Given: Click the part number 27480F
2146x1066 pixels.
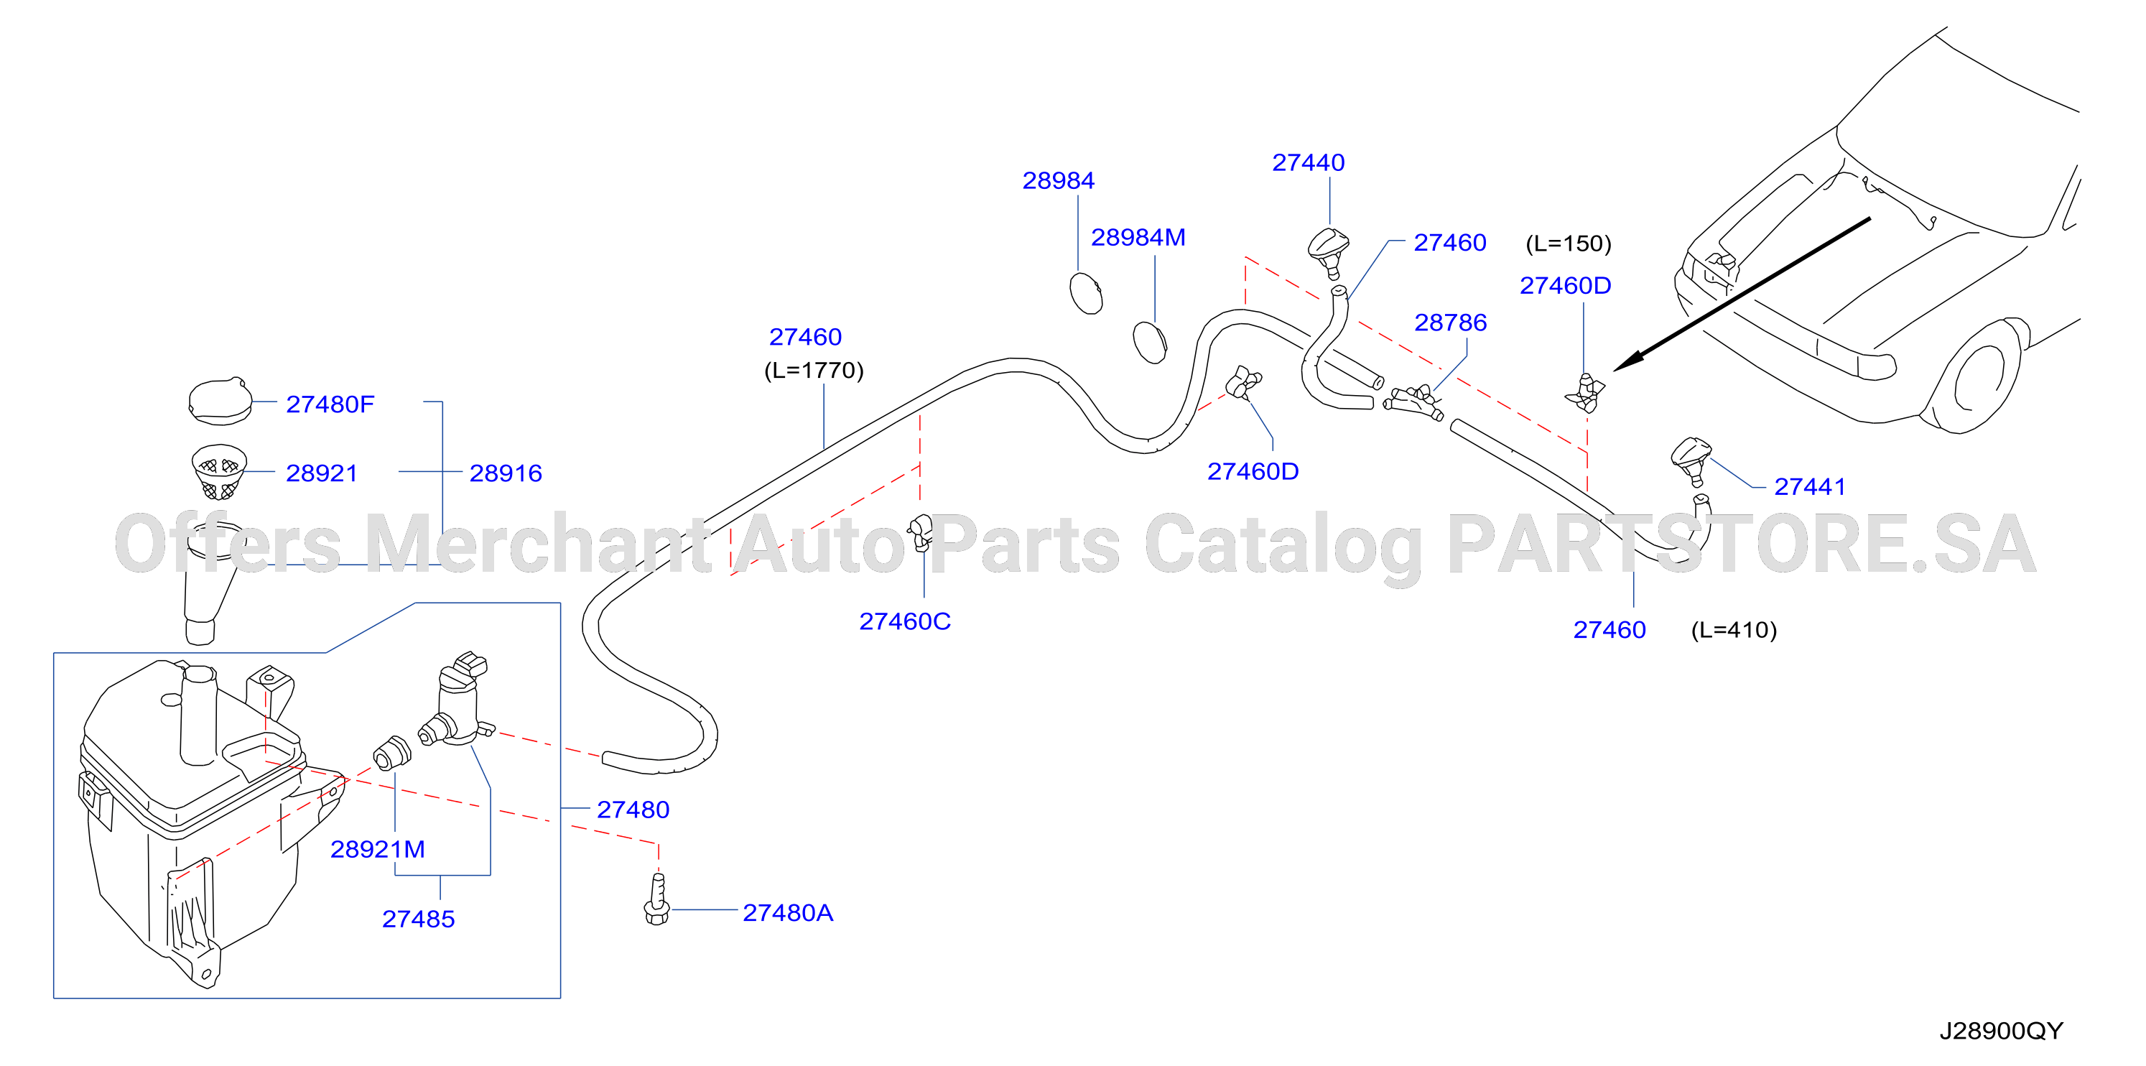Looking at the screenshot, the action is click(330, 404).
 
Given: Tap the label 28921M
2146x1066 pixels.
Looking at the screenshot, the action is click(377, 849).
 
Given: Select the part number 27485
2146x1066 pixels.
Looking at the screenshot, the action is click(418, 919).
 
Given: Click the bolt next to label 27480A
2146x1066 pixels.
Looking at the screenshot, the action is click(656, 899).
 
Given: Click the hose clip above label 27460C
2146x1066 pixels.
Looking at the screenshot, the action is click(921, 532).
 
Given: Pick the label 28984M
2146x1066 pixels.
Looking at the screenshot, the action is click(1138, 238).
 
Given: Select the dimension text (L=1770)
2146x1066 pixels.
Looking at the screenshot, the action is click(814, 370).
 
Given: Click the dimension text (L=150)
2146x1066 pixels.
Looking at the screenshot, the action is click(1569, 244).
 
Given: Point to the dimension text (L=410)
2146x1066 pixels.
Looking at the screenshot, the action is click(1734, 630).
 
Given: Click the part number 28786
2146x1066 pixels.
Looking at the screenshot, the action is click(1450, 323).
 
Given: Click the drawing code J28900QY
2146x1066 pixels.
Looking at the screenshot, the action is click(2001, 1031).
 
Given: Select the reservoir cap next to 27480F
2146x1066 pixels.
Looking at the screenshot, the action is click(220, 402).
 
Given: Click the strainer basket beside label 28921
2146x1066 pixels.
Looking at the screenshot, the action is click(219, 472).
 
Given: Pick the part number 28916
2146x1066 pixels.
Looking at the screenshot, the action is click(506, 473).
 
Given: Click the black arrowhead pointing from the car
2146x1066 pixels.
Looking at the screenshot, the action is click(1629, 361).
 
